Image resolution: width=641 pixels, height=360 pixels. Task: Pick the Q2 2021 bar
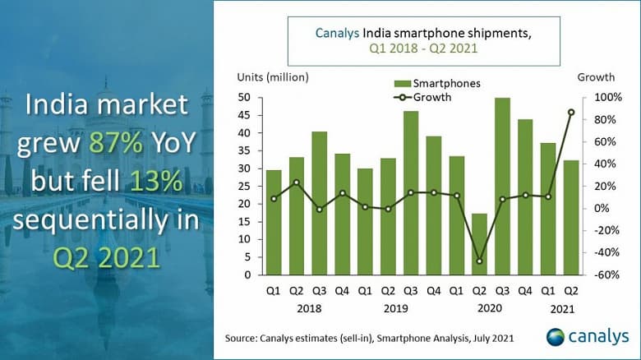click(571, 217)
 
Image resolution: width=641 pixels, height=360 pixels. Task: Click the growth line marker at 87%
click(571, 112)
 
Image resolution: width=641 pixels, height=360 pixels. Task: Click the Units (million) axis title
click(273, 77)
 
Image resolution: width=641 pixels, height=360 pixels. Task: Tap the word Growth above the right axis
click(596, 77)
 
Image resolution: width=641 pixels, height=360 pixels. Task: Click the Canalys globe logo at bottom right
click(556, 337)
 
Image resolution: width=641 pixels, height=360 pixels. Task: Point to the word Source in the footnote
click(242, 338)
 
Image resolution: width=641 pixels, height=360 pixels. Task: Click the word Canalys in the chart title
click(337, 33)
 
